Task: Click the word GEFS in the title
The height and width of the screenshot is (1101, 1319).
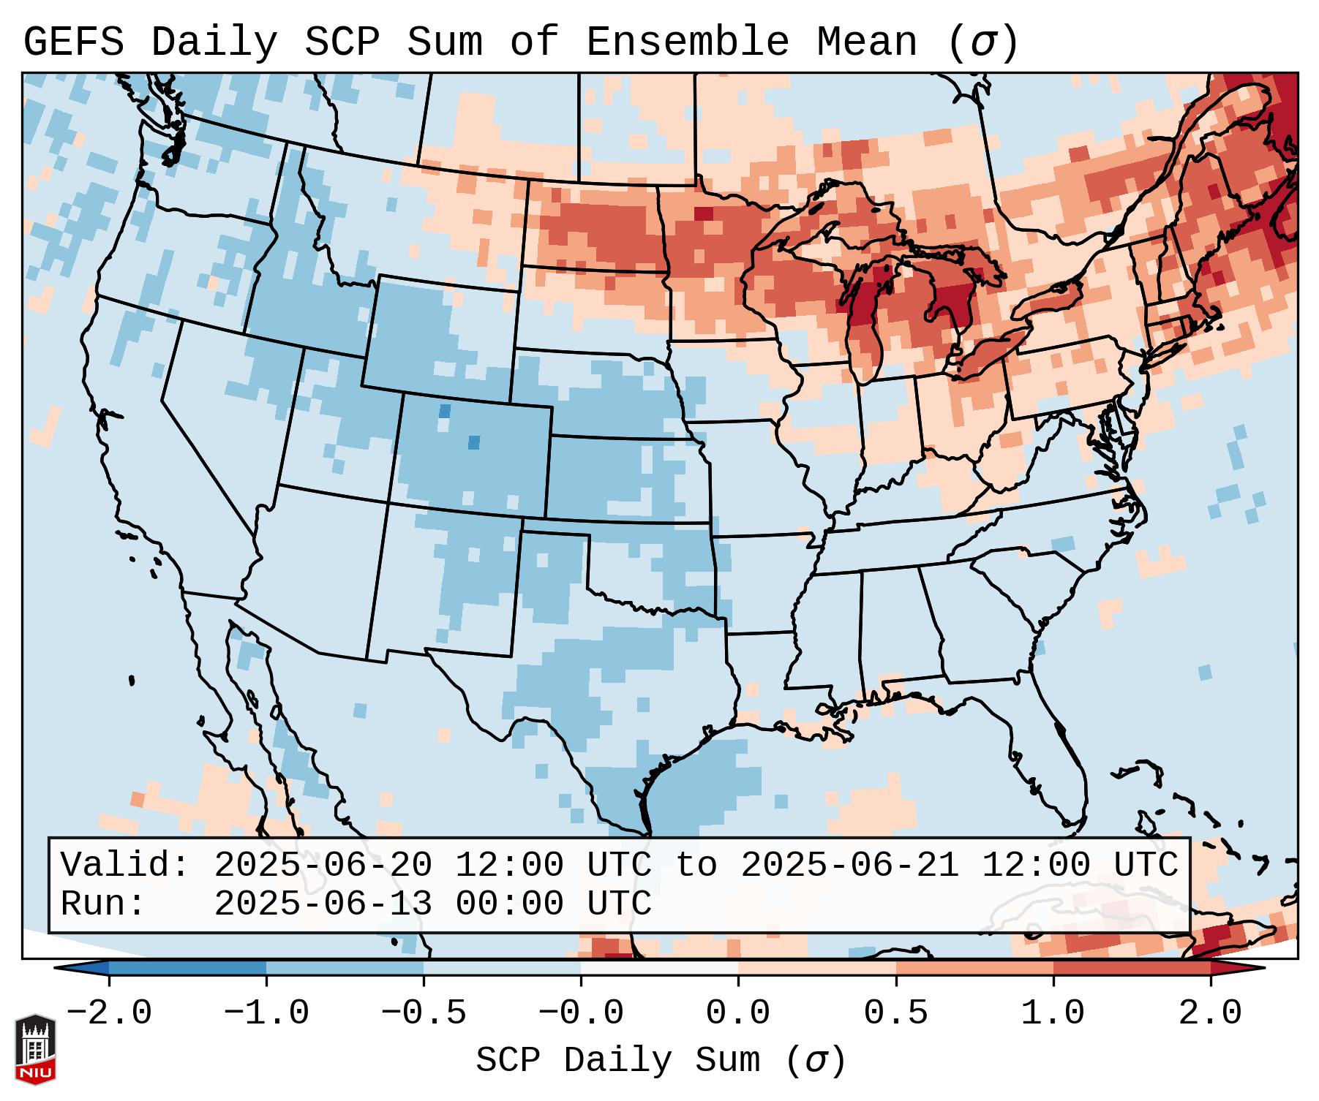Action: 73,42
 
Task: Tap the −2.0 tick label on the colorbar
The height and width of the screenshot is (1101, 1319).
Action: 109,1013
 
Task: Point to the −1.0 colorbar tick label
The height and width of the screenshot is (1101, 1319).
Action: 266,1013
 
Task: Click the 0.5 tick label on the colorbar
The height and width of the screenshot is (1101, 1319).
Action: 895,1013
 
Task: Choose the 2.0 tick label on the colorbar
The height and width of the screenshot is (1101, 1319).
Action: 1210,1013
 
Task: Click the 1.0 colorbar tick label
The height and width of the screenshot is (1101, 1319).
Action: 1053,1013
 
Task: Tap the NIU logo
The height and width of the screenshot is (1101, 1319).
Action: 35,1049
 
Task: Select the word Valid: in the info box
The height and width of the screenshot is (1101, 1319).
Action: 125,866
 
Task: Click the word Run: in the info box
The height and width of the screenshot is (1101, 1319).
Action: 103,904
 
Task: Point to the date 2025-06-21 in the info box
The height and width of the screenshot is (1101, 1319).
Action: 849,866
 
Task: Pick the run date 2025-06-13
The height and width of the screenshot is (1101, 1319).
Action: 323,904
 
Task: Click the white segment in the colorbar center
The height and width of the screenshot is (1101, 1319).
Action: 659,968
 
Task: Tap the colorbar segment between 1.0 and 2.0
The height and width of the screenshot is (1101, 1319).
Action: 1132,968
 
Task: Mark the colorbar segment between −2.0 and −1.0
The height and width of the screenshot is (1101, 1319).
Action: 187,968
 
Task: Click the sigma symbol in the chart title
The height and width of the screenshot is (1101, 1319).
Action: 982,42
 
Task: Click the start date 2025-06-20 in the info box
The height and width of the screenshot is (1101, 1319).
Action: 323,866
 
